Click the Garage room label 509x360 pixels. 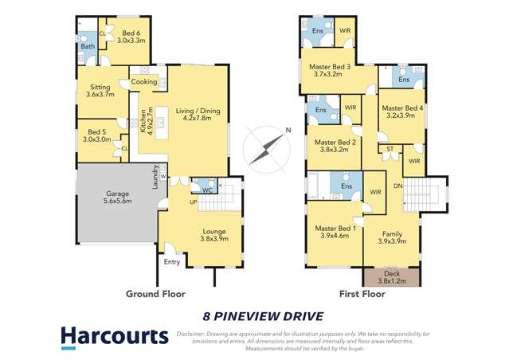coord(118,198)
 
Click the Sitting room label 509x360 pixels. coord(100,90)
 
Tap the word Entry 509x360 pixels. coord(172,261)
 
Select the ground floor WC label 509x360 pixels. coord(206,190)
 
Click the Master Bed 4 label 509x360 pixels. coord(401,111)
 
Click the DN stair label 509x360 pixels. coord(399,185)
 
